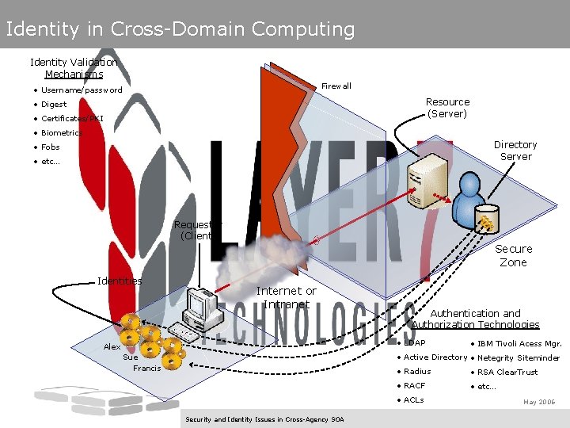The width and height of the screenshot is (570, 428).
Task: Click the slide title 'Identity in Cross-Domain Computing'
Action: (180, 29)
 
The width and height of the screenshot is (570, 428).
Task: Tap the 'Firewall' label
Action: (336, 86)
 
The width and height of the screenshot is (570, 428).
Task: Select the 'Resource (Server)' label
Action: (447, 108)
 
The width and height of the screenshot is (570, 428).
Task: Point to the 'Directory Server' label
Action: (515, 151)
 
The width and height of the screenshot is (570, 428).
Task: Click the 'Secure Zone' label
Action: (513, 255)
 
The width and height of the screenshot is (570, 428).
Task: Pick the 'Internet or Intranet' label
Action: (286, 297)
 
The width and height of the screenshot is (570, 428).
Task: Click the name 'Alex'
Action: (112, 347)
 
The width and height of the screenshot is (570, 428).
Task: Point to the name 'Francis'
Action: (146, 369)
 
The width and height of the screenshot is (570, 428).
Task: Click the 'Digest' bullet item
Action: (54, 105)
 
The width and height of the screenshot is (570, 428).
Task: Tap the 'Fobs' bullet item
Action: (50, 147)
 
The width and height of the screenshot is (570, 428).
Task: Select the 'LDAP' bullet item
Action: (414, 343)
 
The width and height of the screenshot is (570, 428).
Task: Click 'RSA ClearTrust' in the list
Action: (507, 372)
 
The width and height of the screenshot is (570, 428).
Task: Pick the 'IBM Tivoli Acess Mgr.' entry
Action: (519, 343)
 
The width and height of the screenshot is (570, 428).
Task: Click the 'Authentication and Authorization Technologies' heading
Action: (475, 319)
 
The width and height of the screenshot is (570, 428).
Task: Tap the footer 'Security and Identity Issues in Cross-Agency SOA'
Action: (264, 418)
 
